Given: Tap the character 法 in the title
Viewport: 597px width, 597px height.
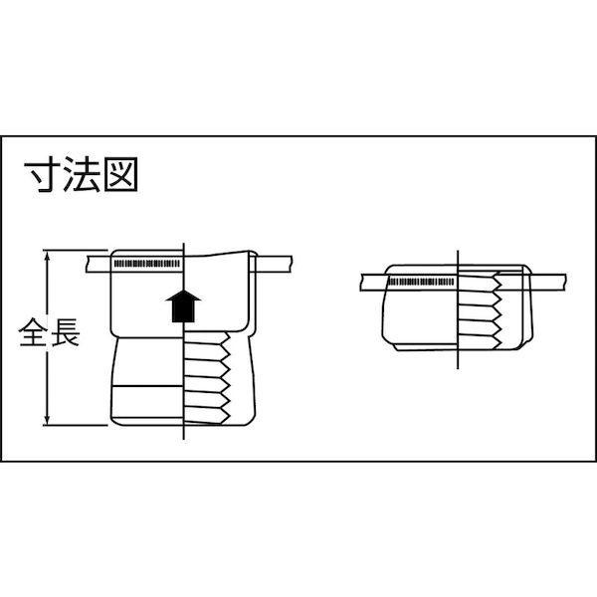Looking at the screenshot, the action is point(82,175).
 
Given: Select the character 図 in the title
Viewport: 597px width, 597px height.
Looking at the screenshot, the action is point(120,175).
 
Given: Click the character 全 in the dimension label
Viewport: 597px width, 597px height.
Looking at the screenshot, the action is point(33,332).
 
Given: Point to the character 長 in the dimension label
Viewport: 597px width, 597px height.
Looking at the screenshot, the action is point(65,332).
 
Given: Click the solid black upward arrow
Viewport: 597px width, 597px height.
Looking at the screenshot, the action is point(183,306).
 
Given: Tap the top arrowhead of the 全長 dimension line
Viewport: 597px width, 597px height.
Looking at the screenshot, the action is point(47,255).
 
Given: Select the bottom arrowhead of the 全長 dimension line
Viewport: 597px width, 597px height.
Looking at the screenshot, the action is point(47,420).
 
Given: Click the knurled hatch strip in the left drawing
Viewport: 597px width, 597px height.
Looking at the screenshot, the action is point(147,264).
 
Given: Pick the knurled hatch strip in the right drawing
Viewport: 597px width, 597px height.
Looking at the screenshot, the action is point(421,283).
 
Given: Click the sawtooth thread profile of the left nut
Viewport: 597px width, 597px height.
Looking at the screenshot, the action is point(225,378).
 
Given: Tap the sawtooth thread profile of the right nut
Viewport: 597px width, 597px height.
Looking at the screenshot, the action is point(496,310).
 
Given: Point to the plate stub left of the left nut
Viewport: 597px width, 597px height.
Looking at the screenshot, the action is point(99,264).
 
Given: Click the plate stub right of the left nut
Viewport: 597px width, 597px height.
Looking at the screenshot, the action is point(274,264).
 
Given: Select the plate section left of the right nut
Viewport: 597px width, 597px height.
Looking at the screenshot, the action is point(373,283).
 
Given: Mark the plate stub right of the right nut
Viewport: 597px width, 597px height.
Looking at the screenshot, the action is point(549,283).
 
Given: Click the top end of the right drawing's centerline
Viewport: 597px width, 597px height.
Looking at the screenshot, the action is point(458,250).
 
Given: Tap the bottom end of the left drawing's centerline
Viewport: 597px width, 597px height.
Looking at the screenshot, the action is point(184,440).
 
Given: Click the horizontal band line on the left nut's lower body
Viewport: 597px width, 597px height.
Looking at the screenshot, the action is point(147,386).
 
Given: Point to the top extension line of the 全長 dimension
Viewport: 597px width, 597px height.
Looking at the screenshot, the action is point(75,250).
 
